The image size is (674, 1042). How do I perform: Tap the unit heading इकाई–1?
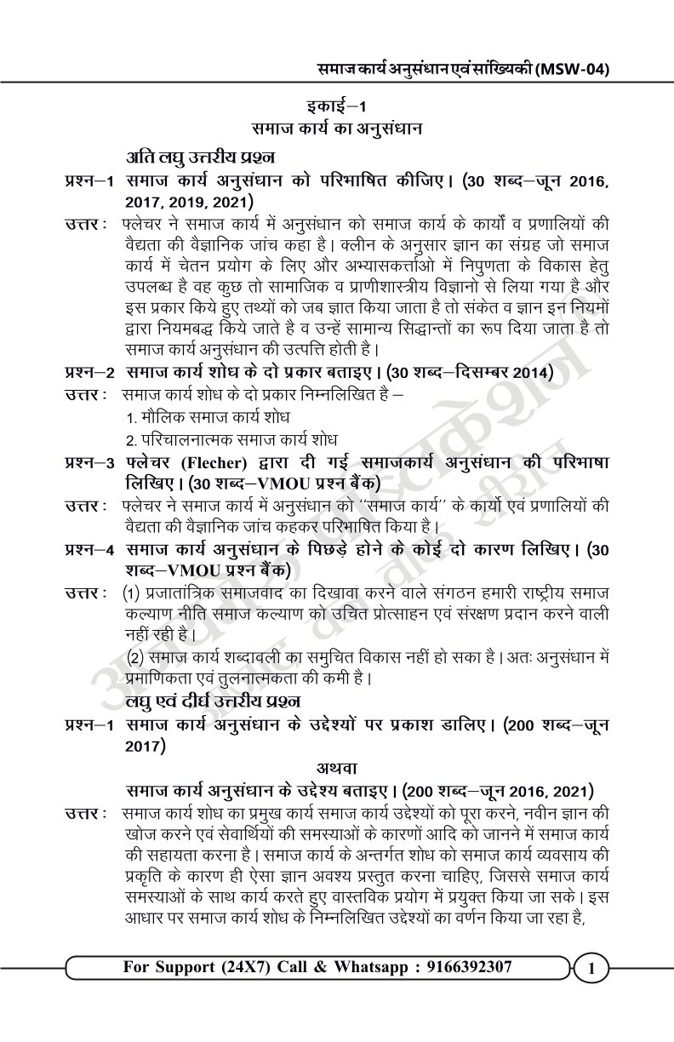(x=337, y=108)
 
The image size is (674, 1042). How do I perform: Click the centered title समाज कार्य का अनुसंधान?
(x=337, y=129)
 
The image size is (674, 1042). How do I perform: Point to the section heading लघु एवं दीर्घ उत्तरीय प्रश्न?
(x=212, y=701)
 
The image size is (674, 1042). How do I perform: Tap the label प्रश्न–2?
(x=91, y=372)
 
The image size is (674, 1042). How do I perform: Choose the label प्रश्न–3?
(x=91, y=462)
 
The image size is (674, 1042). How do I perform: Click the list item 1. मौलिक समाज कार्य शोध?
(x=207, y=418)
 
